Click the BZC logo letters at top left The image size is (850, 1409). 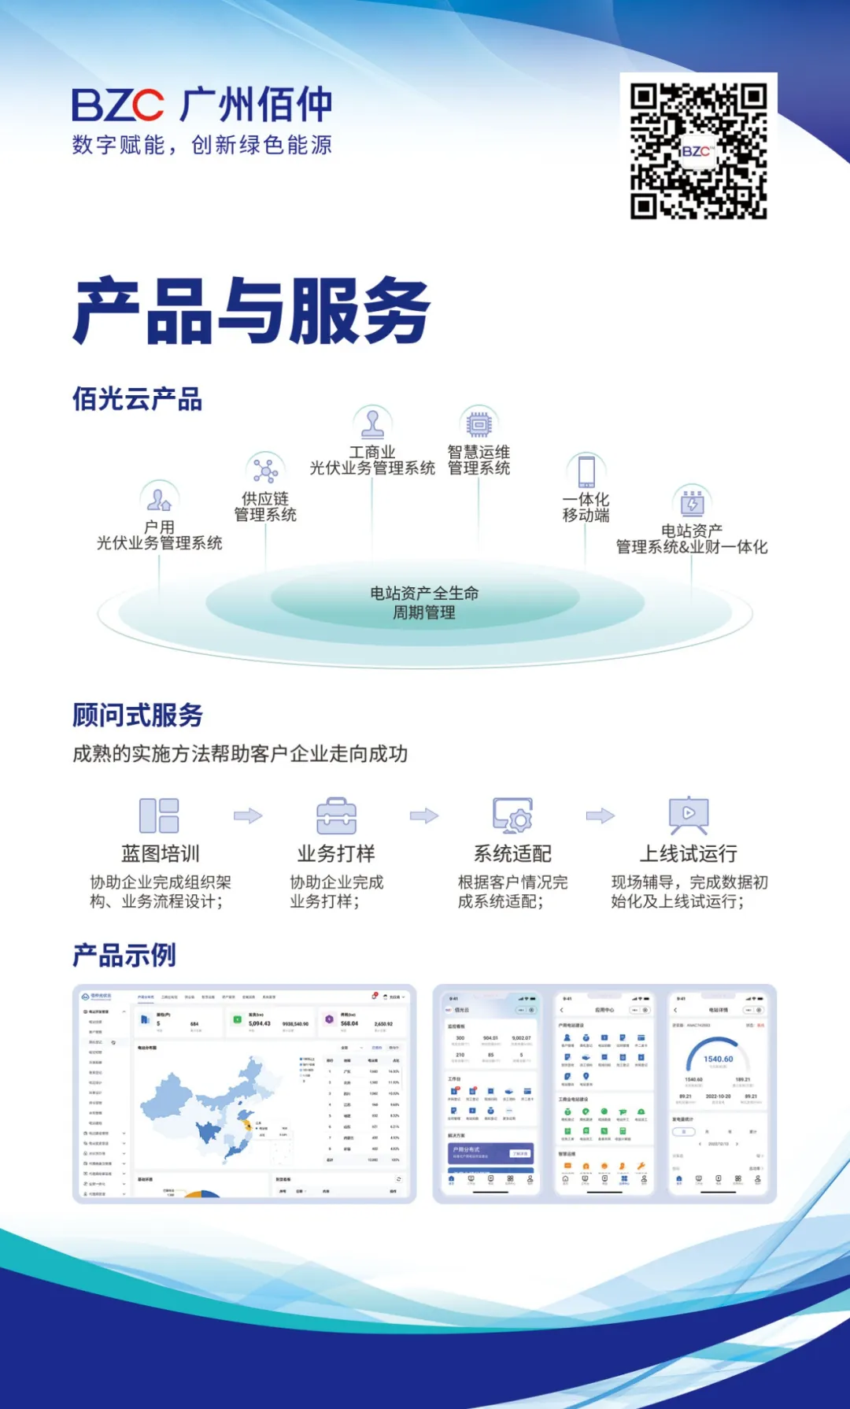pos(118,105)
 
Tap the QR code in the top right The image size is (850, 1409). pos(698,150)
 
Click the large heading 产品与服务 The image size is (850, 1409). pos(252,311)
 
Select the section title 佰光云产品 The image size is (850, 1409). pos(138,399)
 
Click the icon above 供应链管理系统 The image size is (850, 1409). pos(265,471)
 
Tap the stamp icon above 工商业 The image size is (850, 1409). pos(372,423)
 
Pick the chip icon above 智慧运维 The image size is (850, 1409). pos(479,424)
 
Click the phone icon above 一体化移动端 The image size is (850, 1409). pos(586,472)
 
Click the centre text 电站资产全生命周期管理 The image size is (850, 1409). pos(424,603)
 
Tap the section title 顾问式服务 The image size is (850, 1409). pos(138,715)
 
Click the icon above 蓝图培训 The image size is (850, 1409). pos(159,815)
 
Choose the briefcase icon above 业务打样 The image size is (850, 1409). pos(336,815)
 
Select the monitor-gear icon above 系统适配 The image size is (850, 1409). pos(512,815)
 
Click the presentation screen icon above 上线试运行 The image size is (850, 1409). pos(689,815)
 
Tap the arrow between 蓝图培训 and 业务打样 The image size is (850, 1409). pos(248,815)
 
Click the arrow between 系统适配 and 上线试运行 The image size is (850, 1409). pos(601,815)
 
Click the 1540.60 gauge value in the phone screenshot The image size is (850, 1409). pos(718,1060)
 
